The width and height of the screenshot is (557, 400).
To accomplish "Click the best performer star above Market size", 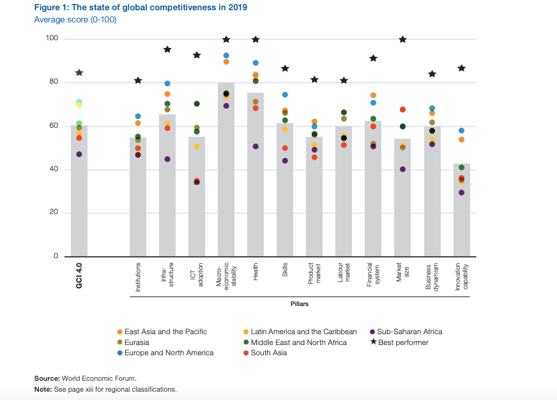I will (x=402, y=40).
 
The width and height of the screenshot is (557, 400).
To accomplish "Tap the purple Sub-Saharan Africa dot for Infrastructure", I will (x=167, y=159).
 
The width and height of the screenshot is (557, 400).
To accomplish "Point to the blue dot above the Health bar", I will (x=256, y=63).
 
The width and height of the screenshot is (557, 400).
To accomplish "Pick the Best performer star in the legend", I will (x=373, y=342).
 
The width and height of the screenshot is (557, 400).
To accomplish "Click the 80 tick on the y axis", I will (x=52, y=82).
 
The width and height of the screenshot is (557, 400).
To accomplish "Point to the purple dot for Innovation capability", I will (x=461, y=192).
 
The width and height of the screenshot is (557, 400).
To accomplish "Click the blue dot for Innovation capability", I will (x=461, y=131).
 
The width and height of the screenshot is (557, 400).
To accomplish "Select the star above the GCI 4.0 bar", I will (x=79, y=73).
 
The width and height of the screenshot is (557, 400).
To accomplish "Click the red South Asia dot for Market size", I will (x=402, y=110).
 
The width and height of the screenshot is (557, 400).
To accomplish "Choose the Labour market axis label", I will (x=344, y=276).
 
